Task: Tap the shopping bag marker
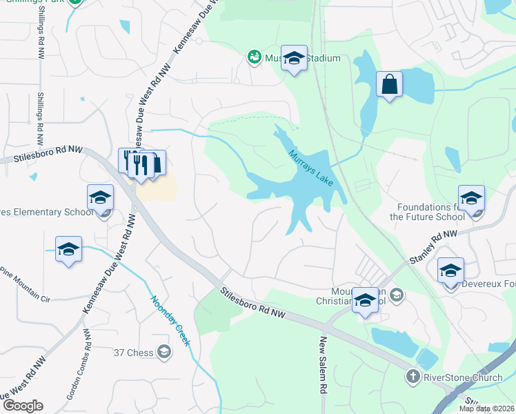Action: click(x=389, y=85)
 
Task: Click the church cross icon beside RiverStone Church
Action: click(x=412, y=377)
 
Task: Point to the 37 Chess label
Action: click(x=134, y=353)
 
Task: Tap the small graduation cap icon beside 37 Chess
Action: click(x=163, y=353)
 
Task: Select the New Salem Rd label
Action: click(x=322, y=366)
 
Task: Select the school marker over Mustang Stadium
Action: click(x=294, y=60)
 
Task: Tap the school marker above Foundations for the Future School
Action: click(x=471, y=198)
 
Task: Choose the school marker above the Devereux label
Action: click(x=450, y=270)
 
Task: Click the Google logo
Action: click(x=23, y=406)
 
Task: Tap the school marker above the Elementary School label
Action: click(x=100, y=198)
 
